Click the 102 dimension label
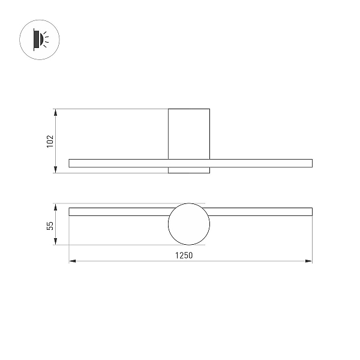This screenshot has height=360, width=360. tap(50, 142)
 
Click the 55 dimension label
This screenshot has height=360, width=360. tap(50, 226)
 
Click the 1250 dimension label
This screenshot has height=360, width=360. tap(184, 256)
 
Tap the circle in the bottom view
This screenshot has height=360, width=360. tap(168, 224)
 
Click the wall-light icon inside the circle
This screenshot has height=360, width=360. tap(41, 40)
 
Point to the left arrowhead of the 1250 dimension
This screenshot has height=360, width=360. tap(73, 261)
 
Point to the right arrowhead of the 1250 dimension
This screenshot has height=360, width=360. tap(308, 261)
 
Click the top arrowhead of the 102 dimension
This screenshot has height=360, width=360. tap(55, 113)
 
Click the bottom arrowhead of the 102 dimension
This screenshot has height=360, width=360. tap(55, 169)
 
